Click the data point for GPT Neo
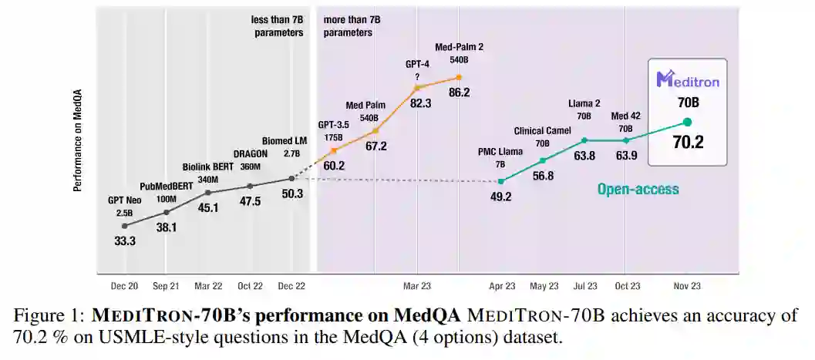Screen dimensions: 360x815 click(125, 226)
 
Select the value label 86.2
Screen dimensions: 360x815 click(459, 93)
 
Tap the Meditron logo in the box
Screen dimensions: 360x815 click(688, 79)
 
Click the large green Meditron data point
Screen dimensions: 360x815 click(687, 122)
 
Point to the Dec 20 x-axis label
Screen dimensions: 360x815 click(123, 286)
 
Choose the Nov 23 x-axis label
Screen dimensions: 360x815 click(687, 286)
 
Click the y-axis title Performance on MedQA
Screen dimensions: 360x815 click(78, 147)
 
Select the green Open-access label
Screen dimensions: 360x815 click(638, 188)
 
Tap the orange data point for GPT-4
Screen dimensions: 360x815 click(417, 87)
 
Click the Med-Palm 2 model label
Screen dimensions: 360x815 click(459, 48)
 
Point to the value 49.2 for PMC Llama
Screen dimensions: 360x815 click(500, 197)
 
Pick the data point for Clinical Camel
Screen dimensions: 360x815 click(543, 160)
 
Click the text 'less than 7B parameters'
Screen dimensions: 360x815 click(278, 25)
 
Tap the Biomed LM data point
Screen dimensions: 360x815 click(291, 178)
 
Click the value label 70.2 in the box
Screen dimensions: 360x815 click(688, 142)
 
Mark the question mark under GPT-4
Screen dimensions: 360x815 click(417, 76)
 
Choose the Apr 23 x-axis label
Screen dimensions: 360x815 click(501, 286)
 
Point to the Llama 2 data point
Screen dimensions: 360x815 click(584, 140)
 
